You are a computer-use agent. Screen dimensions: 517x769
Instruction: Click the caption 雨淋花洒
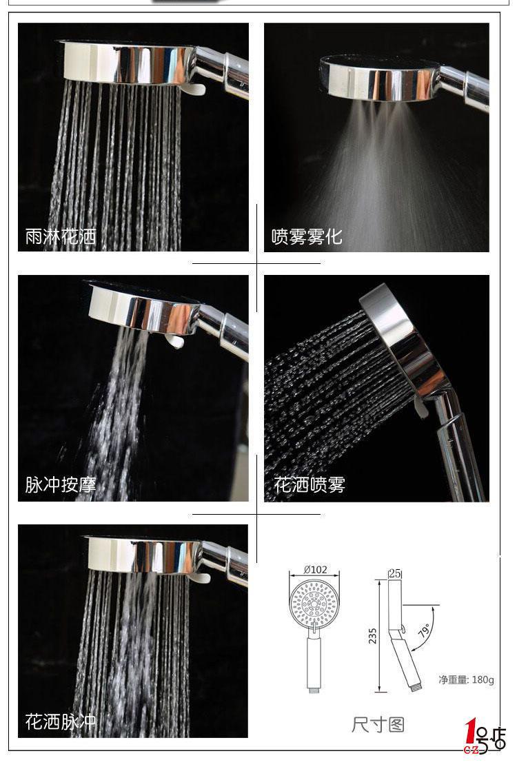(x=61, y=236)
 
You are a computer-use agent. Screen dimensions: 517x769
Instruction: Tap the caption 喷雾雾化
(x=307, y=236)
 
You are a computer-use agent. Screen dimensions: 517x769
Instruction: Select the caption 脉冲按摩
(x=61, y=484)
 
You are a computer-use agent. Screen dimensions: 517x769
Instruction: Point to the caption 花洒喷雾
(x=310, y=484)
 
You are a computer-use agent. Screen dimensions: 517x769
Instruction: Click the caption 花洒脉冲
(x=61, y=721)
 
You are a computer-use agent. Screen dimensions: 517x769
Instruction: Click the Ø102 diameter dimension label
(x=315, y=569)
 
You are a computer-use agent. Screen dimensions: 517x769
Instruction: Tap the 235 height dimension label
(x=373, y=636)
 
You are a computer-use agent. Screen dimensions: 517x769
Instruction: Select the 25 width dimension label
(x=395, y=573)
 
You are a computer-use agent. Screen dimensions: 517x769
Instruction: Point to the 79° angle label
(x=425, y=630)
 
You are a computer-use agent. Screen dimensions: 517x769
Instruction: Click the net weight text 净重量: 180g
(x=466, y=679)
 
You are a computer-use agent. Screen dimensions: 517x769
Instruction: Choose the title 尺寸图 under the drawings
(x=378, y=724)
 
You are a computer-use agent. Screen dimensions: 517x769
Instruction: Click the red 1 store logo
(x=471, y=734)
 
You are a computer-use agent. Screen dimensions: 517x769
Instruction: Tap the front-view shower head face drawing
(x=314, y=602)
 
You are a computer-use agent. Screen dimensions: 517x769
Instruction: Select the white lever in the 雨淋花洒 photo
(x=196, y=88)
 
